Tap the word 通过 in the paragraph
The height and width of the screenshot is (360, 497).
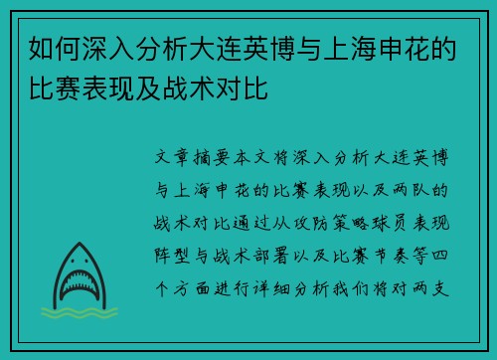click(x=255, y=221)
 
